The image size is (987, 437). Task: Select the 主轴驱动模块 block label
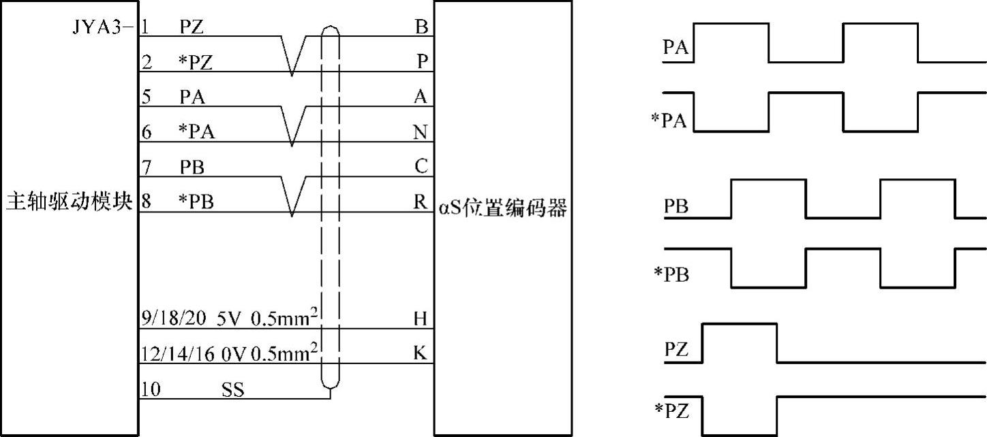[x=69, y=203]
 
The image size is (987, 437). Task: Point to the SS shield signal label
[x=232, y=390]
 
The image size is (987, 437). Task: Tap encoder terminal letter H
[x=422, y=318]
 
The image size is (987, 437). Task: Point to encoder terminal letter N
[x=422, y=132]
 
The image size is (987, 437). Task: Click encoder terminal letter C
[x=422, y=166]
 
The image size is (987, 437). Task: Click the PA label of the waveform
[x=675, y=48]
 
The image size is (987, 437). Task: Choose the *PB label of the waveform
[x=671, y=275]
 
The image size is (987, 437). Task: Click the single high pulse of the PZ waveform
[x=740, y=325]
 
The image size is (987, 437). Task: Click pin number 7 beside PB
[x=147, y=166]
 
